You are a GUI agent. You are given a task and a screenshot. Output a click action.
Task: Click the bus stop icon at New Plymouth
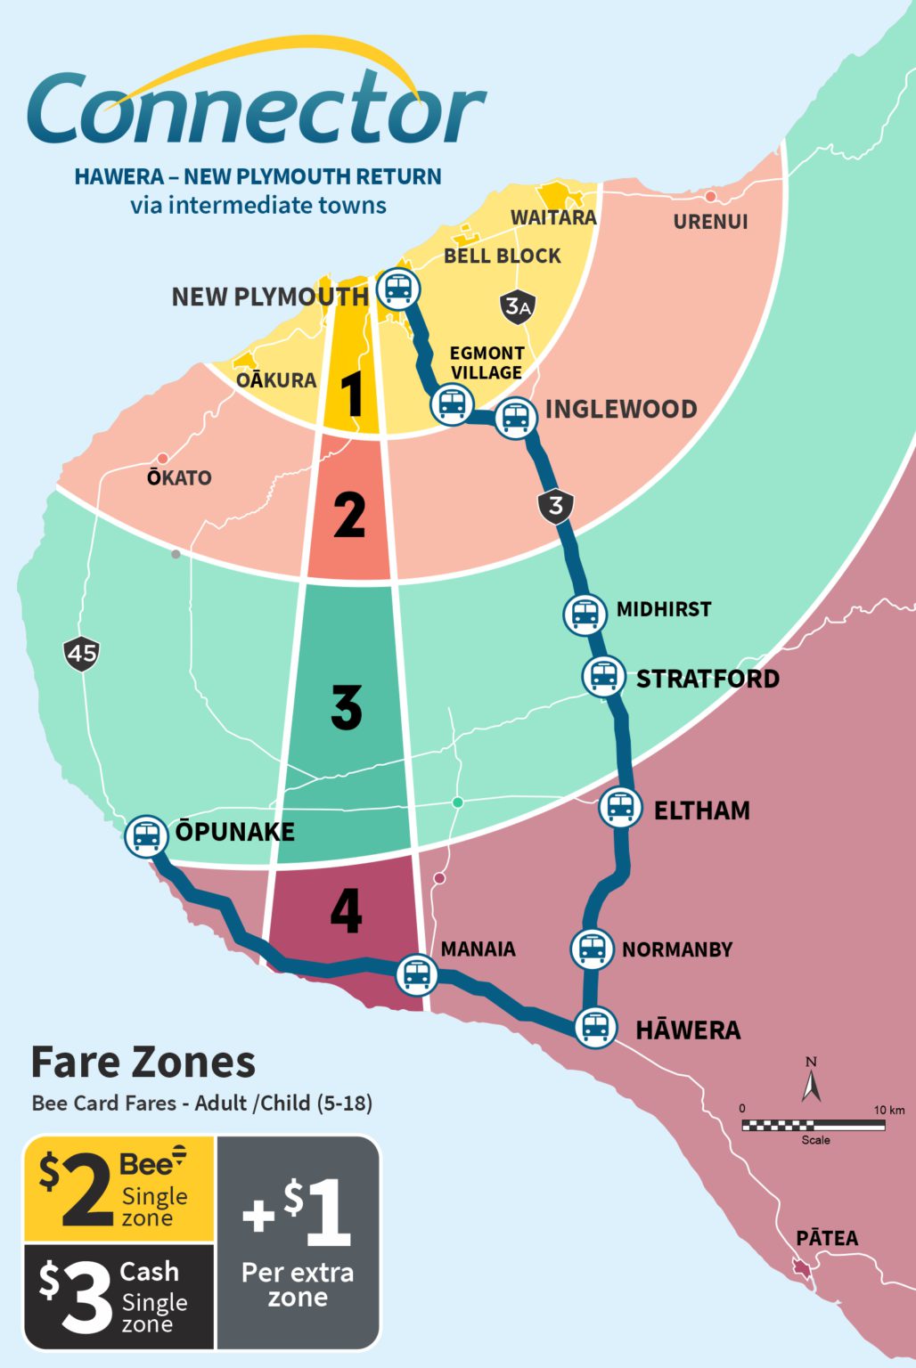[398, 289]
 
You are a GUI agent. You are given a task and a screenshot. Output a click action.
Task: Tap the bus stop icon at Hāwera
[595, 1027]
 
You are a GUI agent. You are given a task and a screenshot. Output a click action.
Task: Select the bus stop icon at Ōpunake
[146, 836]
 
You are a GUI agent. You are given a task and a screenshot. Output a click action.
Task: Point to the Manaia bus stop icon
[416, 974]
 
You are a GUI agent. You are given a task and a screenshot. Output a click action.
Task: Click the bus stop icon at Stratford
[603, 676]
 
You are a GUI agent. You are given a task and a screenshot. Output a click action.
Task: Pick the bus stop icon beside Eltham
[620, 808]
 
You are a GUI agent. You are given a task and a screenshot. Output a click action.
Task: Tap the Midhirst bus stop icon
[585, 614]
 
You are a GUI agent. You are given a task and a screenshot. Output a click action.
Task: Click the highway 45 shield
[82, 654]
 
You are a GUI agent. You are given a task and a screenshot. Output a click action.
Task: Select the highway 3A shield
[518, 307]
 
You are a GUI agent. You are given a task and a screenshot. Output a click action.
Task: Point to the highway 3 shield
[555, 506]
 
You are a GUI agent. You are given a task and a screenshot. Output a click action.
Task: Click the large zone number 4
[346, 910]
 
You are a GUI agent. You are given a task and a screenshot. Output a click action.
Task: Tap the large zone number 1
[353, 394]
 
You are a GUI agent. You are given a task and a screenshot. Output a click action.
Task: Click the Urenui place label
[710, 222]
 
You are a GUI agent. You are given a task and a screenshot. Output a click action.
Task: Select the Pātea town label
[827, 1238]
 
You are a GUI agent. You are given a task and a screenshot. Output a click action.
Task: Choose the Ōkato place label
[179, 478]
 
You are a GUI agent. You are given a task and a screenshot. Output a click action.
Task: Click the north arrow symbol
[811, 1080]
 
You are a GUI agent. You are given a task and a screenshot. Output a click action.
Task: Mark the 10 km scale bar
[813, 1125]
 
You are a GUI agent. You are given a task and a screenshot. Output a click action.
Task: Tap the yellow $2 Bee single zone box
[119, 1189]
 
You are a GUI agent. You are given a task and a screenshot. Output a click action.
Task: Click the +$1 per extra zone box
[298, 1242]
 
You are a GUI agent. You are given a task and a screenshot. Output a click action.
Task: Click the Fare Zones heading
[143, 1062]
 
